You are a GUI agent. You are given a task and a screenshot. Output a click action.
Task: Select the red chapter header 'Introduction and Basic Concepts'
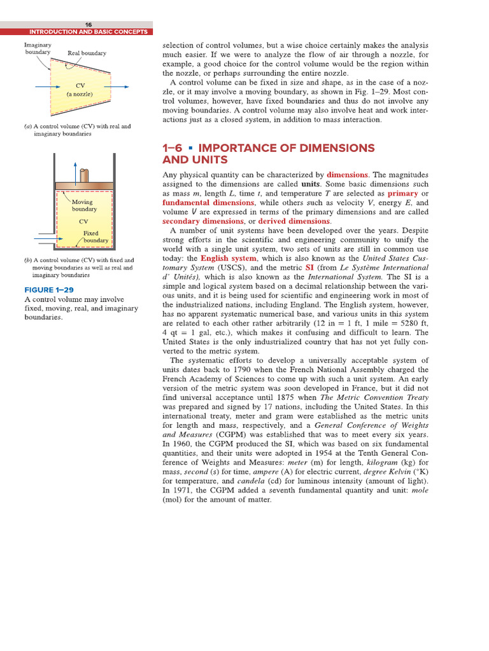89,32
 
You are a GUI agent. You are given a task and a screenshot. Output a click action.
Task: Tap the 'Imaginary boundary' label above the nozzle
38,49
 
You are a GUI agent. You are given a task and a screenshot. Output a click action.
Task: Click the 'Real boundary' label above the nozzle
87,53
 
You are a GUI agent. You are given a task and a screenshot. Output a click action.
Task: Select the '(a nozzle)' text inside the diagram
80,94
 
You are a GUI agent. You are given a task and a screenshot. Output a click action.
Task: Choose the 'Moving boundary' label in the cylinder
84,205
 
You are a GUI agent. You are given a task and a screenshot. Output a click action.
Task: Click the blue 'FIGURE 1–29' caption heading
48,290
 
